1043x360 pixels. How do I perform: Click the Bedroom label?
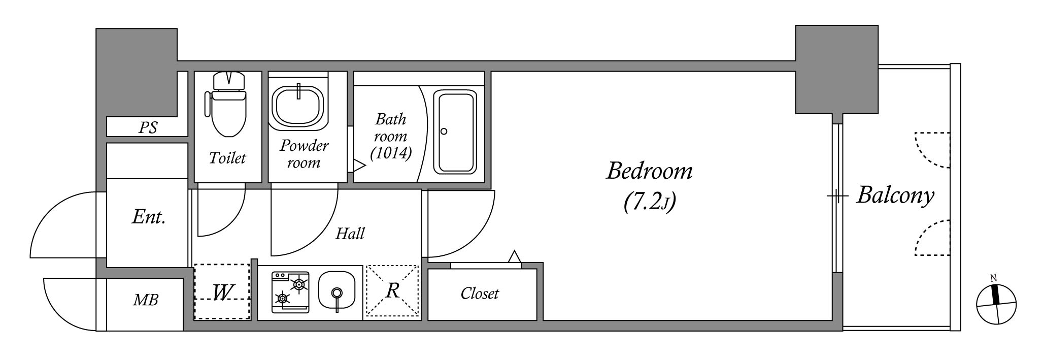click(x=649, y=171)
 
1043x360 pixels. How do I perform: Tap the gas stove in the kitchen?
click(x=290, y=292)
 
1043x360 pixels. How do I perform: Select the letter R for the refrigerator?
click(x=393, y=290)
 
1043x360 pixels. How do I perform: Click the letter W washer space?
click(x=223, y=292)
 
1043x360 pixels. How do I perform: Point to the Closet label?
click(x=480, y=293)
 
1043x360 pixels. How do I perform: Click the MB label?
click(x=146, y=300)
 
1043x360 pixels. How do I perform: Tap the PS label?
click(x=148, y=127)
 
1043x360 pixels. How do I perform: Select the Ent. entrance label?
click(x=149, y=217)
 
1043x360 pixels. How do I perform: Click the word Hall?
click(x=350, y=234)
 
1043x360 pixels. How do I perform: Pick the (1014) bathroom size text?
click(x=391, y=153)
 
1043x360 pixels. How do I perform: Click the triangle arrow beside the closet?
click(x=515, y=257)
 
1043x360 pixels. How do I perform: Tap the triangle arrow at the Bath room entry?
click(x=359, y=165)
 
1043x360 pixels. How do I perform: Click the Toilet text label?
click(x=227, y=158)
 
